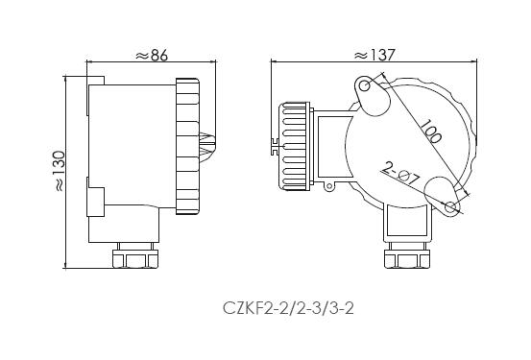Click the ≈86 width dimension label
click(x=152, y=56)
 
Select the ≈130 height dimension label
click(x=60, y=172)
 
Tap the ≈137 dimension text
click(x=374, y=55)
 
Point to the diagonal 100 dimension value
click(x=430, y=131)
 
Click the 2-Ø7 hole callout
click(x=400, y=174)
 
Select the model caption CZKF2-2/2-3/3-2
click(x=288, y=308)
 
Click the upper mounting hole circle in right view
click(x=364, y=85)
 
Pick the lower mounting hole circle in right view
click(x=450, y=206)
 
